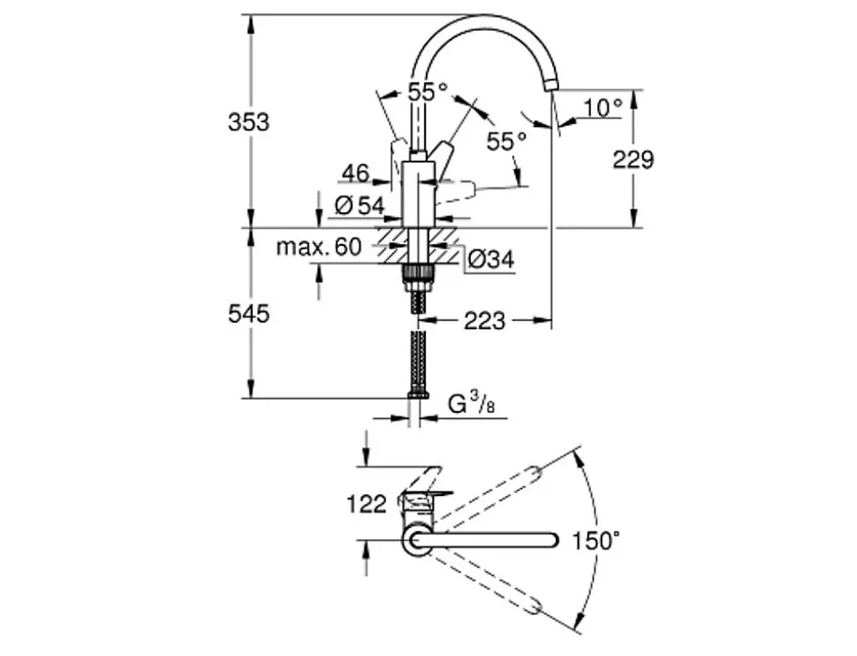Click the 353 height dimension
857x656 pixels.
(248, 122)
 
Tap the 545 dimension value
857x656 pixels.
(248, 314)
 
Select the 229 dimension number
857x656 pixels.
(633, 160)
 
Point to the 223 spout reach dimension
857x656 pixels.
(485, 321)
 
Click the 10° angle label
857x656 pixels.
(603, 108)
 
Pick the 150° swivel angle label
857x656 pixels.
(595, 541)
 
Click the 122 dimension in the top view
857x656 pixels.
(367, 504)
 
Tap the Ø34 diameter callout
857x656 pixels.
(492, 259)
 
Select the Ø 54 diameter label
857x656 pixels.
(360, 206)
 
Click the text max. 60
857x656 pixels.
(319, 247)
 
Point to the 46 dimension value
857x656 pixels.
(356, 173)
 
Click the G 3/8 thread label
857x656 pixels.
(472, 404)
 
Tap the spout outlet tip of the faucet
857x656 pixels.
(551, 86)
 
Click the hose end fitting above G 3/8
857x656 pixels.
(418, 395)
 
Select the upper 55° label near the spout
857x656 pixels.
(428, 91)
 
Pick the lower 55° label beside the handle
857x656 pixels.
(506, 141)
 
